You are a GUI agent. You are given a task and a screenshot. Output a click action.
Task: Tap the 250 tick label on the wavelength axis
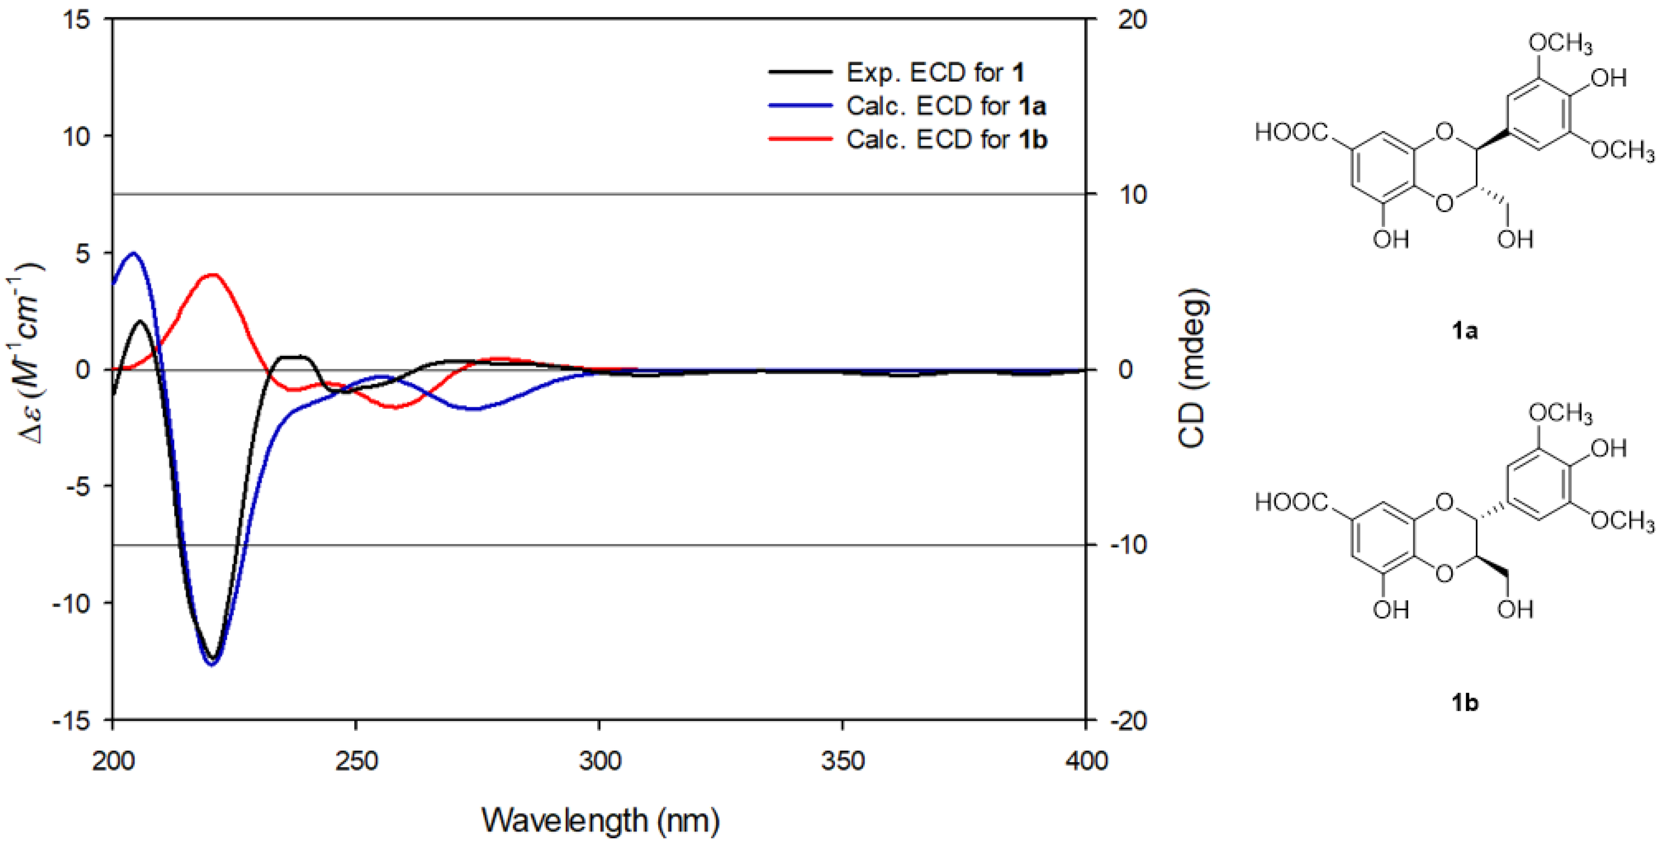[356, 761]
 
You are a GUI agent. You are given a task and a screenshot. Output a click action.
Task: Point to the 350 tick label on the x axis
[842, 761]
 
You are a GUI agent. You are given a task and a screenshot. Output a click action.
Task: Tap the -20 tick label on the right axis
[1128, 720]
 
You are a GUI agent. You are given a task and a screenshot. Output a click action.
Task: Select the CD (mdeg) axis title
[1192, 369]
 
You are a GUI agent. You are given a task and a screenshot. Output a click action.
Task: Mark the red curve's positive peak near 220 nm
[213, 274]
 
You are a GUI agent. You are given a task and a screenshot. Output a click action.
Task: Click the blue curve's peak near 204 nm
[133, 253]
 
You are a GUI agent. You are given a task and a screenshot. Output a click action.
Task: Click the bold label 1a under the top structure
[1464, 331]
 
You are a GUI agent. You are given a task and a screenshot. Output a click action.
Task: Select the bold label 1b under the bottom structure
[1464, 702]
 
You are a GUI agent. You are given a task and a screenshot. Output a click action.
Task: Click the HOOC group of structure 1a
[1291, 133]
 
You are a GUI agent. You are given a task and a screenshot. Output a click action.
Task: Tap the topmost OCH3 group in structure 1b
[1559, 413]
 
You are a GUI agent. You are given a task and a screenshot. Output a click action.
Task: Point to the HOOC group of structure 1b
[1291, 502]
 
